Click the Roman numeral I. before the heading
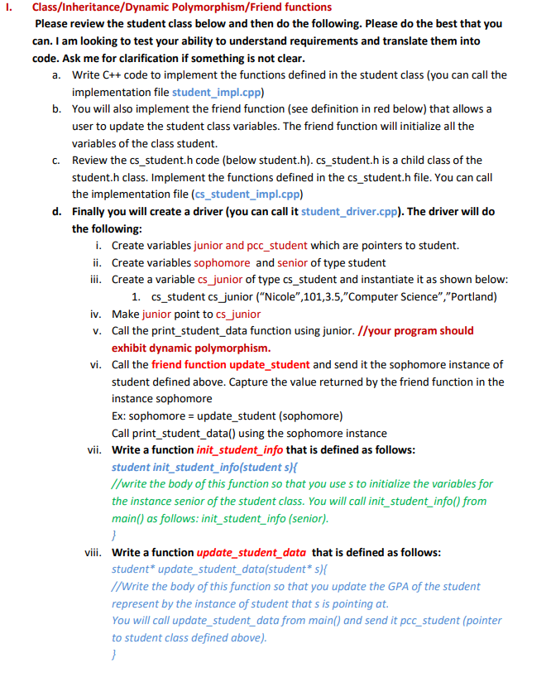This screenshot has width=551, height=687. (9, 7)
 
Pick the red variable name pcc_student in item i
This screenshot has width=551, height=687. (277, 245)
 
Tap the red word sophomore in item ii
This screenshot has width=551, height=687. (222, 262)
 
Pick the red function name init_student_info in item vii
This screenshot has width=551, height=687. (240, 449)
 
